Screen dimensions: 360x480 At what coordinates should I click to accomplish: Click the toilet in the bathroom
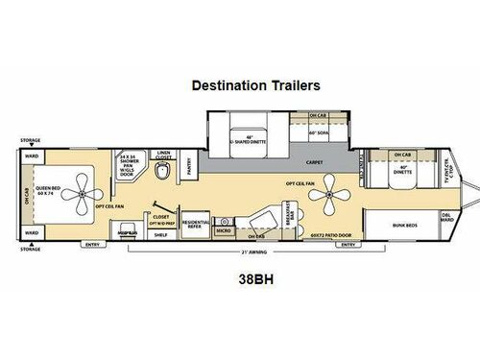coord(162,170)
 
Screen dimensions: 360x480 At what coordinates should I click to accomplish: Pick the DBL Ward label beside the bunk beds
coord(446,216)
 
